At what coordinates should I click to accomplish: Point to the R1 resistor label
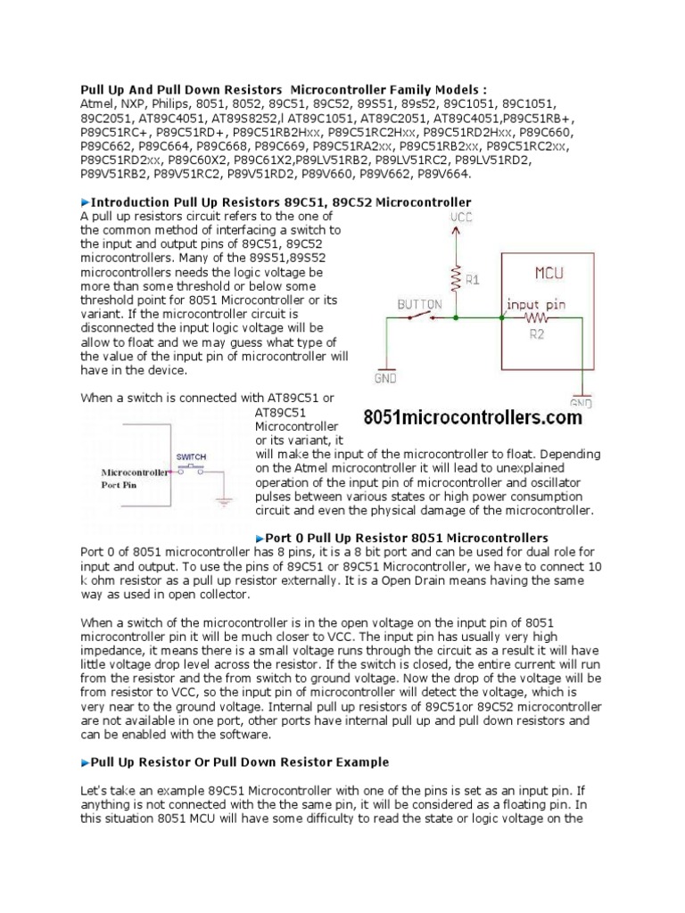pos(473,277)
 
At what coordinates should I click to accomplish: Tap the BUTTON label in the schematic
pos(419,304)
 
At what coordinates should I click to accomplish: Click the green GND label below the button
pos(385,377)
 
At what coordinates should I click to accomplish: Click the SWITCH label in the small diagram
pos(192,456)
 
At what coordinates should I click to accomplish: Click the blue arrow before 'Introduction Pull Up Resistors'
pos(86,203)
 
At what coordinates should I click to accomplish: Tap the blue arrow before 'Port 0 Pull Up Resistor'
pos(260,538)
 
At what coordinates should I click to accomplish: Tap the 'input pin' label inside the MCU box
pos(536,304)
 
